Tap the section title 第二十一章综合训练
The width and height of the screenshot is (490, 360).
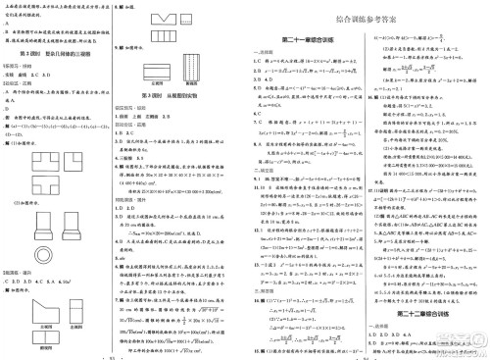pos(309,39)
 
